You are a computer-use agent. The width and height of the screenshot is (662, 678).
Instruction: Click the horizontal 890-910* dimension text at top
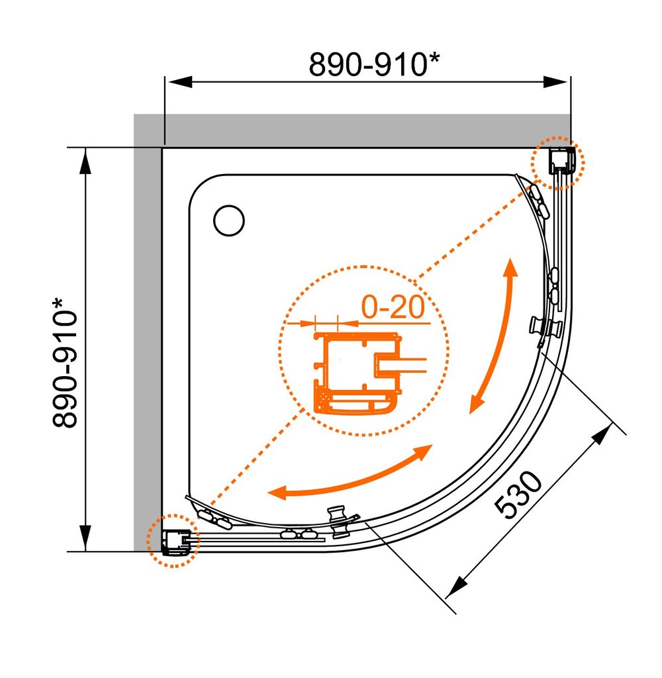(x=374, y=64)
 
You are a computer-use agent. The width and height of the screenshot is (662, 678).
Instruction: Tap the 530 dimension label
(x=518, y=495)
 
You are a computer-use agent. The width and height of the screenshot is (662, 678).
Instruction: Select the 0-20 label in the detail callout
(x=393, y=307)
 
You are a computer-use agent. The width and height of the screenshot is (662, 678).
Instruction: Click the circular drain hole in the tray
(x=229, y=220)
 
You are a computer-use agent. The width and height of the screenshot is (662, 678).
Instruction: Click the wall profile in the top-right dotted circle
(x=561, y=160)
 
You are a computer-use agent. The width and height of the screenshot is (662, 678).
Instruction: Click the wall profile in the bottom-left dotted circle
(x=176, y=542)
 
